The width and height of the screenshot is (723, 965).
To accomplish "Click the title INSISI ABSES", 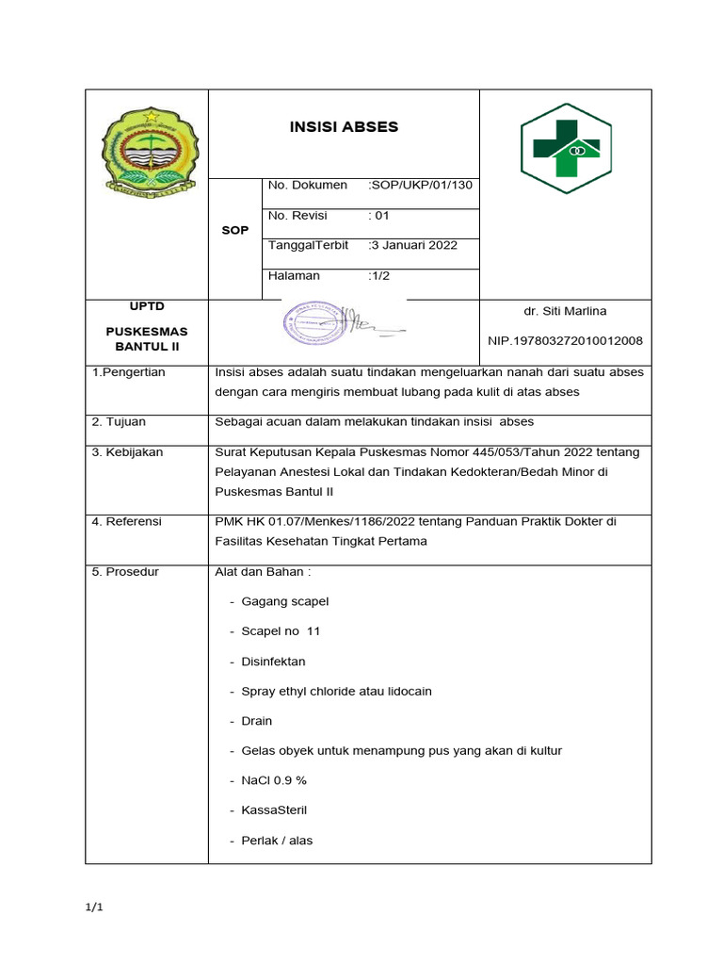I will pos(343,127).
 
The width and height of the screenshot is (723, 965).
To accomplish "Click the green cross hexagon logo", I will pos(566,149).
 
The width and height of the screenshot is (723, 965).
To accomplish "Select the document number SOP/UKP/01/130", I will pos(421,185).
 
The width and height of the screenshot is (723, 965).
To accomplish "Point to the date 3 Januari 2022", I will pos(413,245).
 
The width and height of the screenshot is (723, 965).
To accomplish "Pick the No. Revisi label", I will pos(297,215).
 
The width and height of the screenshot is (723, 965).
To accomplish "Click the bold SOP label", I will pos(234,230).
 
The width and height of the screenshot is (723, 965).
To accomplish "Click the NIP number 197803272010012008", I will pos(565,340).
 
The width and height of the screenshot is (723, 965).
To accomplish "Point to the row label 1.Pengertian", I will pos(128,372).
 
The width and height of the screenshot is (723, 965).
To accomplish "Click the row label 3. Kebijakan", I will pos(127,452).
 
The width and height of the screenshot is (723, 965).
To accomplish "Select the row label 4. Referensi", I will pos(127,521).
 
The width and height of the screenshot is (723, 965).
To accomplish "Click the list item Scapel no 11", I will pos(281,631).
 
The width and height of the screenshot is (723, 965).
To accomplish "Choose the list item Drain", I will pos(256,721).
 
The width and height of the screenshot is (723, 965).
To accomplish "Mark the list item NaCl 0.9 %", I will pos(274,780).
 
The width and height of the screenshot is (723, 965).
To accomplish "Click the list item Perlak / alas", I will pos(277,840).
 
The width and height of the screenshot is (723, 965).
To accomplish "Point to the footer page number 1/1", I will pos(94,908).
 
